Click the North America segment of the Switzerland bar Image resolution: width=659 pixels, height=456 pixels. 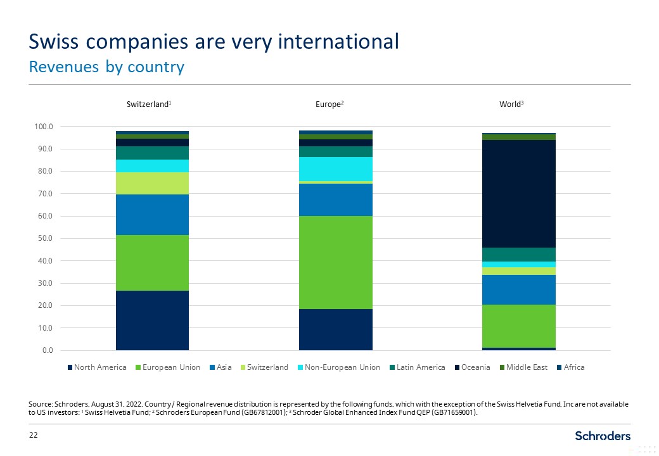[x=152, y=320]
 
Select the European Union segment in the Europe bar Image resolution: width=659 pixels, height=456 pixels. [x=335, y=262]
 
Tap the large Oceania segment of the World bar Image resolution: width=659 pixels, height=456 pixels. [x=519, y=193]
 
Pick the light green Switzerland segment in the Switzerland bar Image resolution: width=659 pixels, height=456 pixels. [x=152, y=183]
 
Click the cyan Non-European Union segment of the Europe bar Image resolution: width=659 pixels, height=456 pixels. [x=335, y=168]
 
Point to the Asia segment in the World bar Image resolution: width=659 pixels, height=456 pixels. [x=519, y=289]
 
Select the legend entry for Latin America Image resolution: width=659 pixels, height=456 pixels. [x=420, y=367]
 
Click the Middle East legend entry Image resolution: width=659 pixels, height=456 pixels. [x=523, y=367]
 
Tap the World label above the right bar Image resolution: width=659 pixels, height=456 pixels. [x=511, y=104]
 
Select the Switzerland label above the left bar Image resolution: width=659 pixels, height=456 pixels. [x=149, y=104]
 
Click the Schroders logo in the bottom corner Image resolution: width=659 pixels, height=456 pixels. [x=603, y=436]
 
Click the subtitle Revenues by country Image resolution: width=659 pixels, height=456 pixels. [x=106, y=66]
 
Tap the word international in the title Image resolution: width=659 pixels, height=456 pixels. [x=327, y=42]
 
